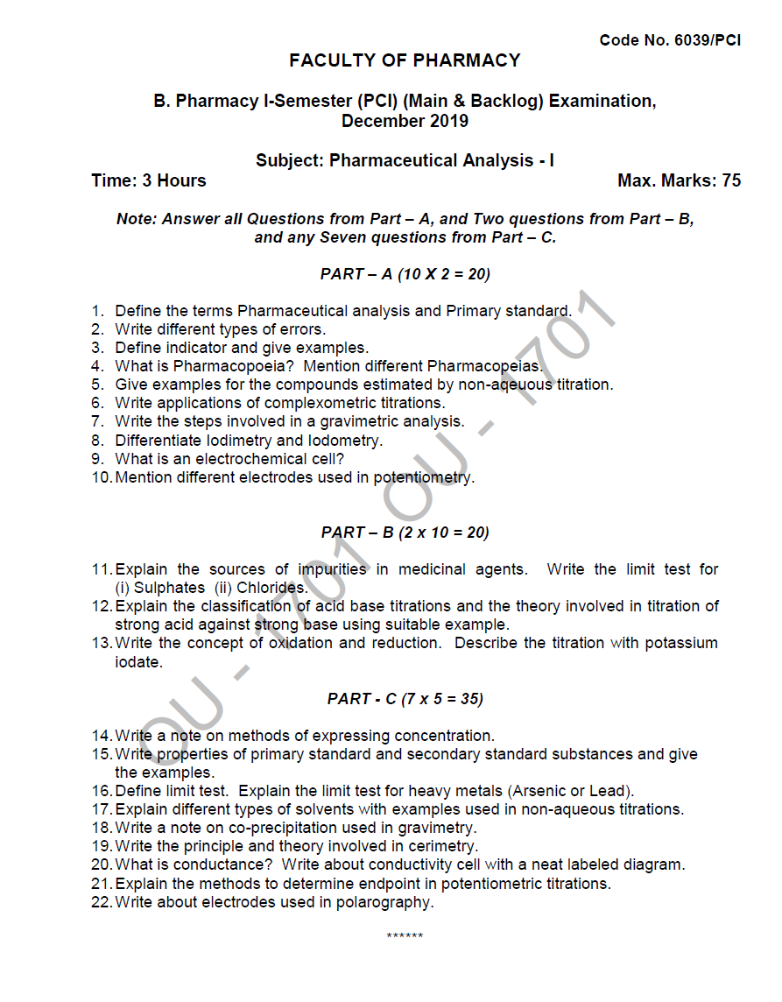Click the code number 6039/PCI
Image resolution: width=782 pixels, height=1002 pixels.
[x=670, y=40]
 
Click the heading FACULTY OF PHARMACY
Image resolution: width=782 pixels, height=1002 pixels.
[x=405, y=60]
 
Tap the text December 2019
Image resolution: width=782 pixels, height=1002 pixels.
[x=405, y=121]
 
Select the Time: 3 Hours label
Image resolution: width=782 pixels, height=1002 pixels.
[x=149, y=180]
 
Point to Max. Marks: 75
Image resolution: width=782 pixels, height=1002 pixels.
[x=679, y=180]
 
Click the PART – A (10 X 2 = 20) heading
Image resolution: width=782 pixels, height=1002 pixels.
[x=405, y=274]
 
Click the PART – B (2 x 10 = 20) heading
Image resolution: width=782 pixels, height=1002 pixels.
[x=405, y=533]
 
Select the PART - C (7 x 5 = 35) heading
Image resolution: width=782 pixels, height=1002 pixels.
[x=405, y=699]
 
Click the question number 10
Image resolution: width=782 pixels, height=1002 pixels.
[x=101, y=477]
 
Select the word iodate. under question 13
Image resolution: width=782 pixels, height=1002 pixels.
[x=138, y=662]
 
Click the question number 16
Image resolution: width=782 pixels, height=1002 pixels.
[x=101, y=791]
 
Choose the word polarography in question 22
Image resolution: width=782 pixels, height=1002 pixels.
[x=386, y=902]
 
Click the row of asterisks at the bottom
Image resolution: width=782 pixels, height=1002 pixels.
[x=405, y=936]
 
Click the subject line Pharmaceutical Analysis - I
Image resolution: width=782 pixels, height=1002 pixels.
[x=405, y=160]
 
